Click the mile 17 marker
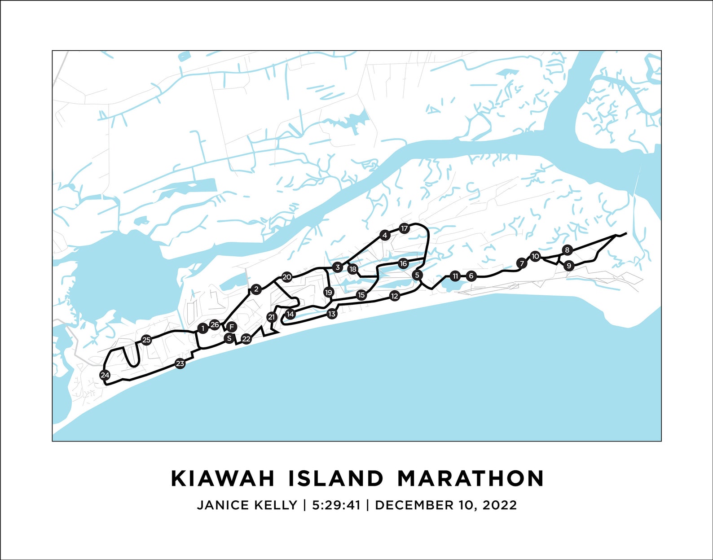pyautogui.click(x=405, y=229)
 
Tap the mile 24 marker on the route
pyautogui.click(x=105, y=375)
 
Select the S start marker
pyautogui.click(x=229, y=338)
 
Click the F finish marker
pyautogui.click(x=232, y=327)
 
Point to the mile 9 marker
pyautogui.click(x=569, y=266)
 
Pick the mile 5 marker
pyautogui.click(x=417, y=275)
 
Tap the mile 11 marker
pyautogui.click(x=455, y=276)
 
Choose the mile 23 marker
pyautogui.click(x=180, y=363)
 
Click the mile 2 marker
pyautogui.click(x=256, y=289)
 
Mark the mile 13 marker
pyautogui.click(x=332, y=314)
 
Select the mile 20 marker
pyautogui.click(x=286, y=277)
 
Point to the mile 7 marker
pyautogui.click(x=521, y=263)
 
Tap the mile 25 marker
pyautogui.click(x=146, y=340)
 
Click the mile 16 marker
pyautogui.click(x=403, y=263)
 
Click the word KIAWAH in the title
pyautogui.click(x=223, y=478)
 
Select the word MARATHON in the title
pyautogui.click(x=471, y=478)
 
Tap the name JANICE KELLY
pyautogui.click(x=247, y=505)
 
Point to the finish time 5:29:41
pyautogui.click(x=336, y=505)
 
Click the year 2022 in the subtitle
pyautogui.click(x=500, y=505)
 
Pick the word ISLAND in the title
pyautogui.click(x=335, y=478)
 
